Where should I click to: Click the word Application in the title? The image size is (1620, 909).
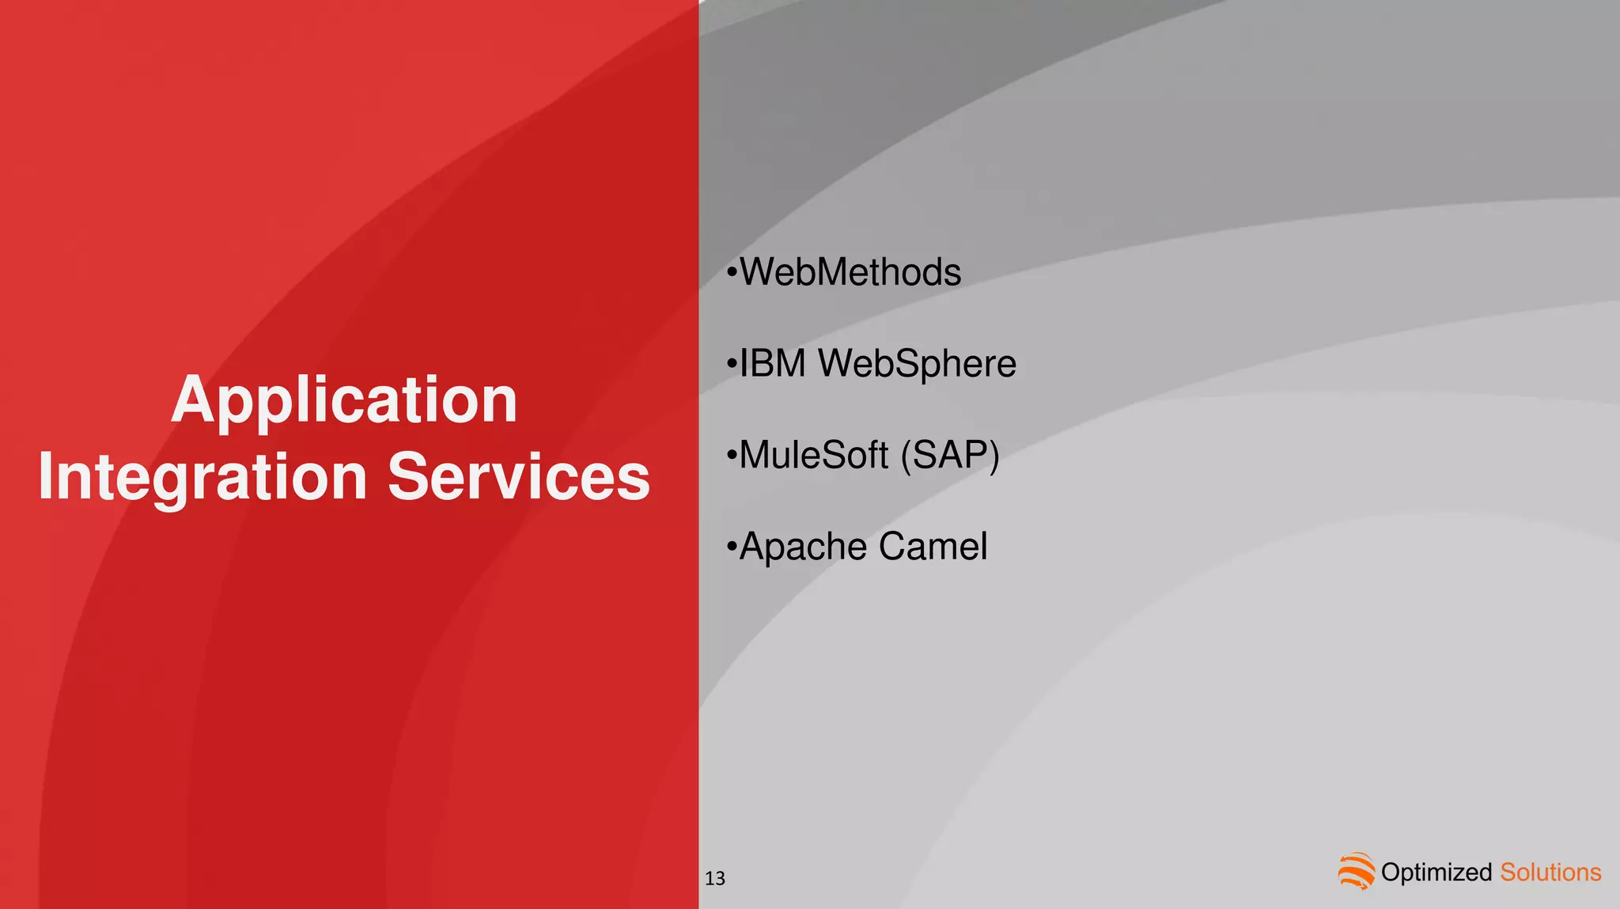point(344,400)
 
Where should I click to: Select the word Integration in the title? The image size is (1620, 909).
point(202,477)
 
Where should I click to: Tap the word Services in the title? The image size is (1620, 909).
point(519,477)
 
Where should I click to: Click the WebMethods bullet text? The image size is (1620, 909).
point(850,273)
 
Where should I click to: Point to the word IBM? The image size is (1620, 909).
point(772,364)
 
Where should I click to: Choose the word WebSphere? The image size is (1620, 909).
point(917,364)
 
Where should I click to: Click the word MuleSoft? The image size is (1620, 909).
point(813,456)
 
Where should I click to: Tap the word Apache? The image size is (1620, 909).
point(804,547)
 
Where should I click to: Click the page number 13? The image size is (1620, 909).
point(715,878)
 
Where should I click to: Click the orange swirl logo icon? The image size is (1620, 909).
point(1357,871)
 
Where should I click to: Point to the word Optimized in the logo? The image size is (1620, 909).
point(1436,873)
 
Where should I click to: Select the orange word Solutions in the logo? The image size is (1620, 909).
point(1550,873)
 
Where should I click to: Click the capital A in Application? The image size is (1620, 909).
point(193,400)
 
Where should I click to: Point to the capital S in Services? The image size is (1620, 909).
point(407,477)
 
